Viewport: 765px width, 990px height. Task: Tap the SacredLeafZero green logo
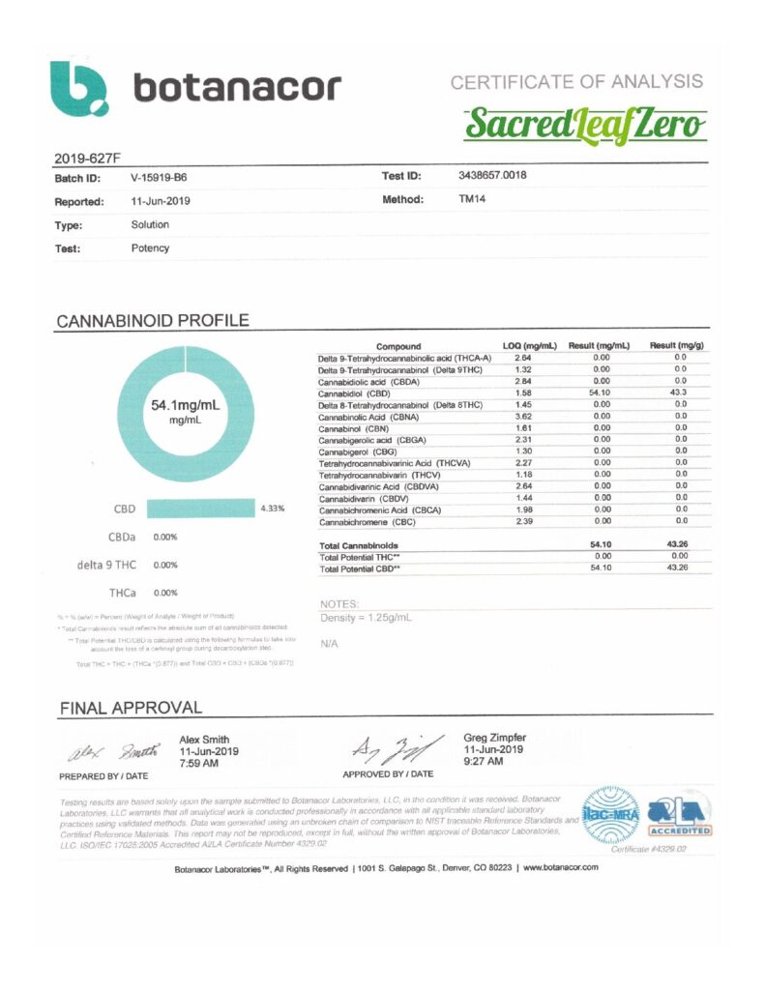click(x=585, y=124)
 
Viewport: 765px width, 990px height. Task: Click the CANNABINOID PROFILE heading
click(x=153, y=321)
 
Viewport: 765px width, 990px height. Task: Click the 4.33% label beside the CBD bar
click(x=272, y=509)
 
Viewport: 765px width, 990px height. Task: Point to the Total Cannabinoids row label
click(x=364, y=545)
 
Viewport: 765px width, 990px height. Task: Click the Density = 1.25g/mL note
click(x=366, y=617)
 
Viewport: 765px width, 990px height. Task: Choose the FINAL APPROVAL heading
click(x=131, y=709)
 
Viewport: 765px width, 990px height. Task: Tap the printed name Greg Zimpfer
click(x=497, y=738)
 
